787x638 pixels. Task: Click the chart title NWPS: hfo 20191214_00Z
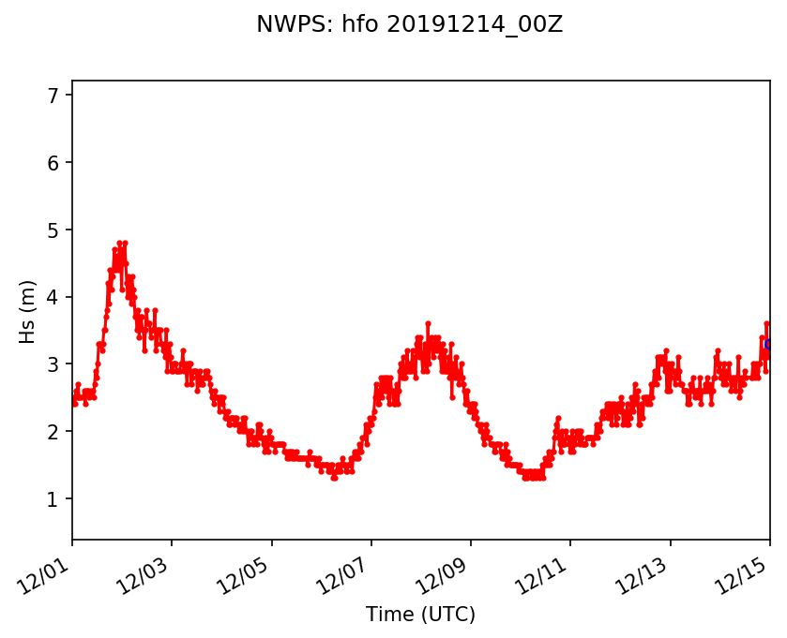coord(409,25)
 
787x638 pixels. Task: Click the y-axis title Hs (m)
coord(29,311)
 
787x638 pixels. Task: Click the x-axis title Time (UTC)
coord(420,615)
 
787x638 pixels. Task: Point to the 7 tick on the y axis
coord(53,96)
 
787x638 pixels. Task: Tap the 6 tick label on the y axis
coord(53,163)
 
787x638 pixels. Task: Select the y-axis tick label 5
coord(53,230)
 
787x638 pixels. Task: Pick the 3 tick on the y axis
coord(53,364)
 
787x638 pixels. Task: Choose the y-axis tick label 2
coord(53,432)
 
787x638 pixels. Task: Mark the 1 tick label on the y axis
coord(53,499)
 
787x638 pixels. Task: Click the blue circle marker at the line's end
coord(769,345)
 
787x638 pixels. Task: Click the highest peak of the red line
coord(119,243)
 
